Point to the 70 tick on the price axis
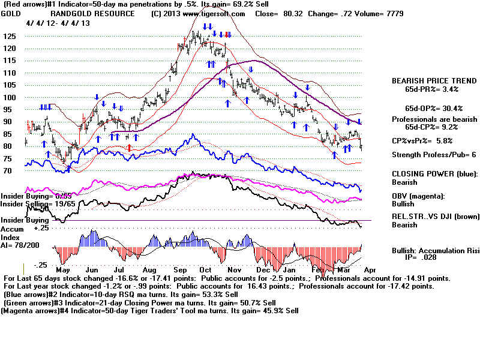pyautogui.click(x=8, y=170)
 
